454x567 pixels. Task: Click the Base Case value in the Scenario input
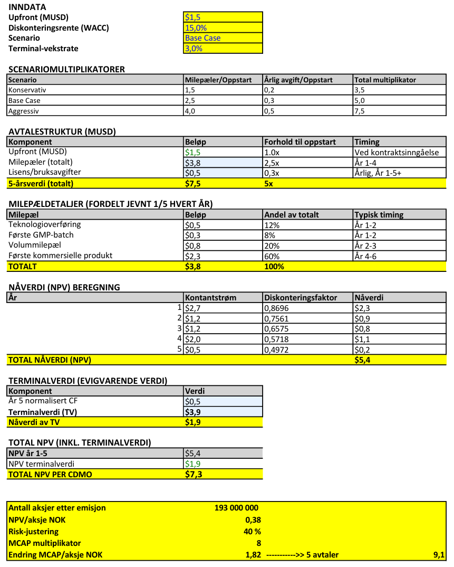(202, 38)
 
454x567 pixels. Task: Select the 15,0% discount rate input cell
(196, 27)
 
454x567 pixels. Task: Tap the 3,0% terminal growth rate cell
(194, 49)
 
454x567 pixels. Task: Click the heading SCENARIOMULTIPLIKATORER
(66, 69)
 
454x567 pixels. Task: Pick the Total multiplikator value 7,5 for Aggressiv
(360, 111)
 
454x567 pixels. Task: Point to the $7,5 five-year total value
(194, 184)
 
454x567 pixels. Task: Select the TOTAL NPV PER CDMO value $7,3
(194, 474)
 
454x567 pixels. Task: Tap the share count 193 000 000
(236, 508)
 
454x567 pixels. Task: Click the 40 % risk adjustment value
(252, 531)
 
